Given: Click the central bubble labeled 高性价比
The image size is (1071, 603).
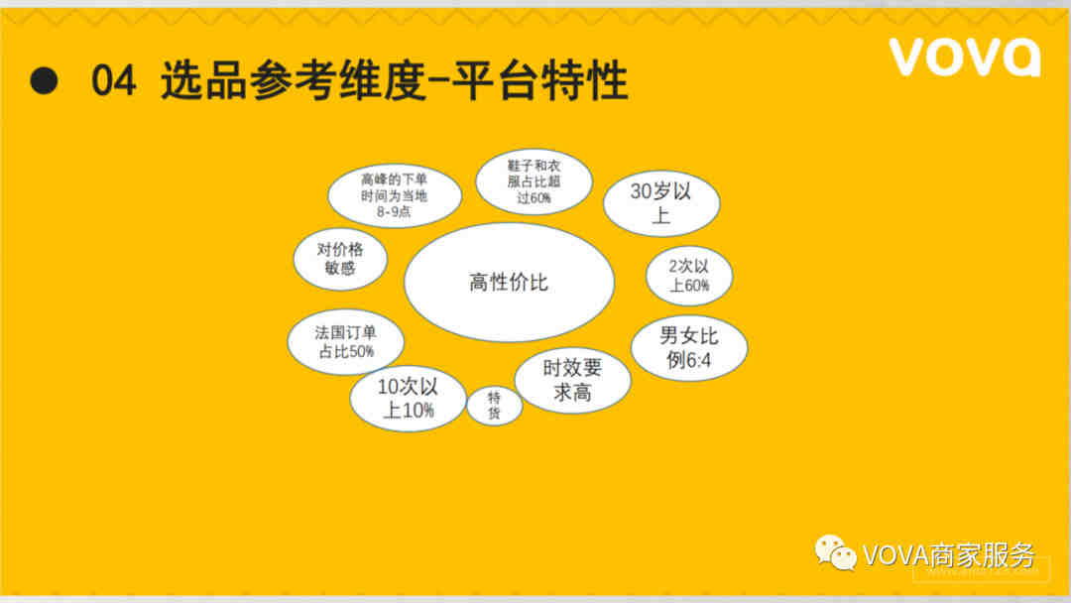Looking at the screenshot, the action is tap(509, 282).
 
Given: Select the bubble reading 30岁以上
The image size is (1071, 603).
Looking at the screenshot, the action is tap(661, 203).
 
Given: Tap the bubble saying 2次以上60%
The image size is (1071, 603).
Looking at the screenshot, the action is tap(689, 276).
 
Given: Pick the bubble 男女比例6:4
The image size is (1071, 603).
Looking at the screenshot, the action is tap(689, 348).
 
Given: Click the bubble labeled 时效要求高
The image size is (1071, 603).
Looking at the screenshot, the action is tap(572, 381).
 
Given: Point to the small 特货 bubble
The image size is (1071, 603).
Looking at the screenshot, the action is tap(495, 405).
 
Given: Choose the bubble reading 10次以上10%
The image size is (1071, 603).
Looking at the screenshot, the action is tap(408, 399).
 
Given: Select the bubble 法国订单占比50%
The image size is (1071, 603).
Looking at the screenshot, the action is tap(346, 342).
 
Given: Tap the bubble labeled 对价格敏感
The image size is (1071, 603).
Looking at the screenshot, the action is tap(340, 259).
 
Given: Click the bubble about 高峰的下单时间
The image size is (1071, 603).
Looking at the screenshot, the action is tap(395, 196).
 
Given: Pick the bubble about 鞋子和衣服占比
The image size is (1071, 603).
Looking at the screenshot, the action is tap(535, 181).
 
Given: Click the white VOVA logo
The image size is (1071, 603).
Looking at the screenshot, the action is tap(965, 57).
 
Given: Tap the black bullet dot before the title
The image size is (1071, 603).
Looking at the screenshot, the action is tap(45, 80).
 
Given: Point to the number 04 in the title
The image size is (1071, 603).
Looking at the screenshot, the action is tap(113, 80).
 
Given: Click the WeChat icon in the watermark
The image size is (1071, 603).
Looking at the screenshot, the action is tap(835, 552).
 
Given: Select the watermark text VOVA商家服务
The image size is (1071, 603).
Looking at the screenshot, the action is tap(949, 554).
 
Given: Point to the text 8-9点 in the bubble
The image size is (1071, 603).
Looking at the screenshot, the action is tap(394, 211).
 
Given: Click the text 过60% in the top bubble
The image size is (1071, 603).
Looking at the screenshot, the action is tap(535, 198).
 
